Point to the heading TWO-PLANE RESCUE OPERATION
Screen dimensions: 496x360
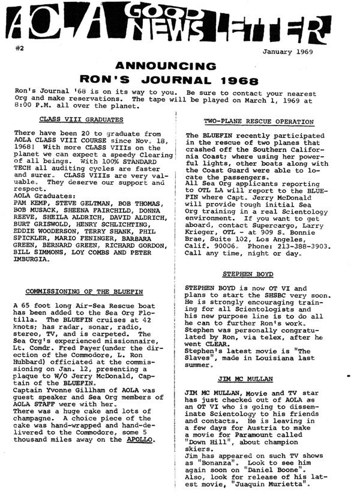click(259, 121)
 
